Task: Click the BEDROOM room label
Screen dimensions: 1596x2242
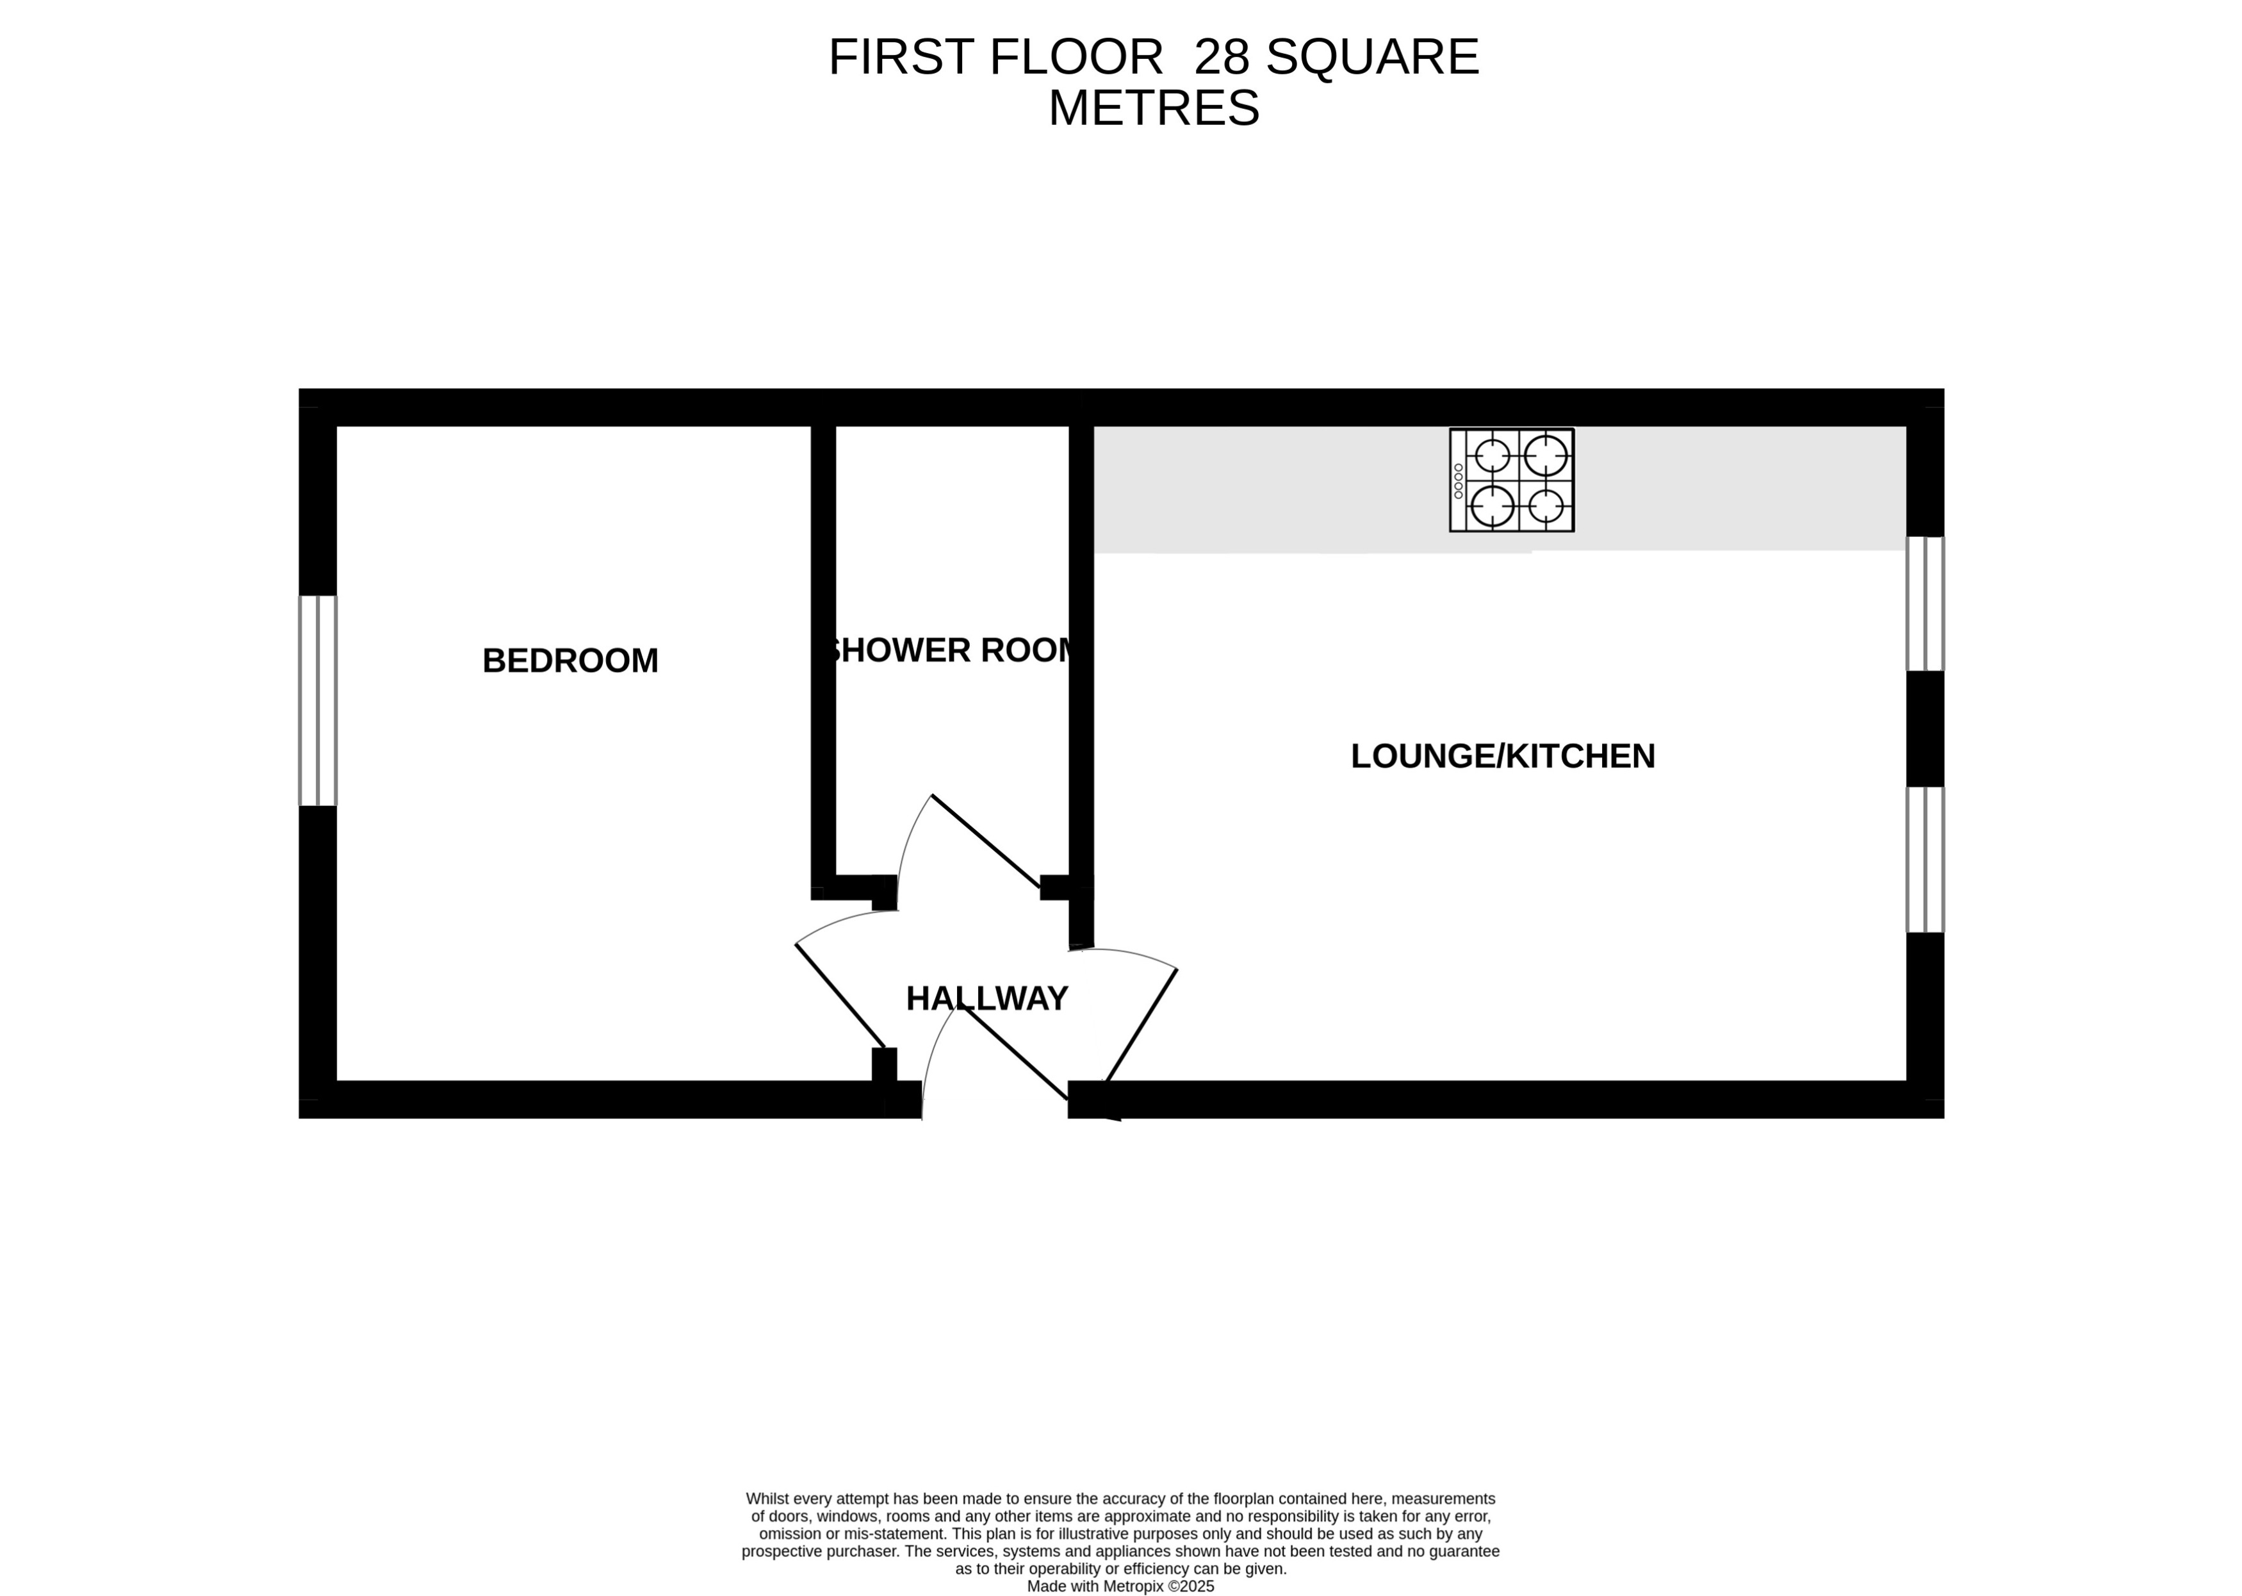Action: click(570, 661)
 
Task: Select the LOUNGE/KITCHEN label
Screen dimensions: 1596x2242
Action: click(1502, 756)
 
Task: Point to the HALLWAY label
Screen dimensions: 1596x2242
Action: click(986, 998)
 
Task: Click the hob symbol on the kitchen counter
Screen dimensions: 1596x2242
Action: click(1511, 480)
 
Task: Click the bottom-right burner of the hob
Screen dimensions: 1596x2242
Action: click(1546, 506)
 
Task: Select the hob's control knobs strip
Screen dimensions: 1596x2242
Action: click(1458, 481)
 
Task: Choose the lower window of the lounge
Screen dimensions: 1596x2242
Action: click(1925, 859)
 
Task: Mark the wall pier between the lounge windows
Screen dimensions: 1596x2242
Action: click(1925, 728)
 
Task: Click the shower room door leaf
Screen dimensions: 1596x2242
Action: click(985, 840)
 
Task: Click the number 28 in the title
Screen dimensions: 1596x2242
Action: click(1220, 57)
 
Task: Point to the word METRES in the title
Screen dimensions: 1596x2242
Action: click(1154, 108)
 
